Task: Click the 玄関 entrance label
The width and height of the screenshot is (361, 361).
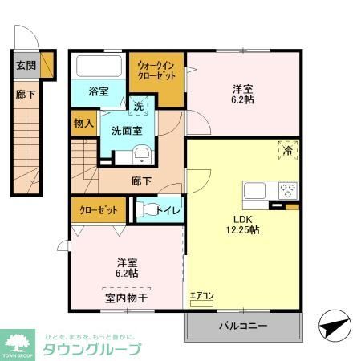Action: click(x=25, y=65)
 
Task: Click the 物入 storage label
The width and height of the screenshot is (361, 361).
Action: click(x=83, y=124)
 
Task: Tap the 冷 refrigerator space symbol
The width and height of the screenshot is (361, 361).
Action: click(x=286, y=148)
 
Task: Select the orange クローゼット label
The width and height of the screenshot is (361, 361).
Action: click(x=99, y=210)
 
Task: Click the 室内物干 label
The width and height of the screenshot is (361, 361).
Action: click(x=126, y=298)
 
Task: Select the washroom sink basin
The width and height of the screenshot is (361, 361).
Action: click(x=141, y=156)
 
